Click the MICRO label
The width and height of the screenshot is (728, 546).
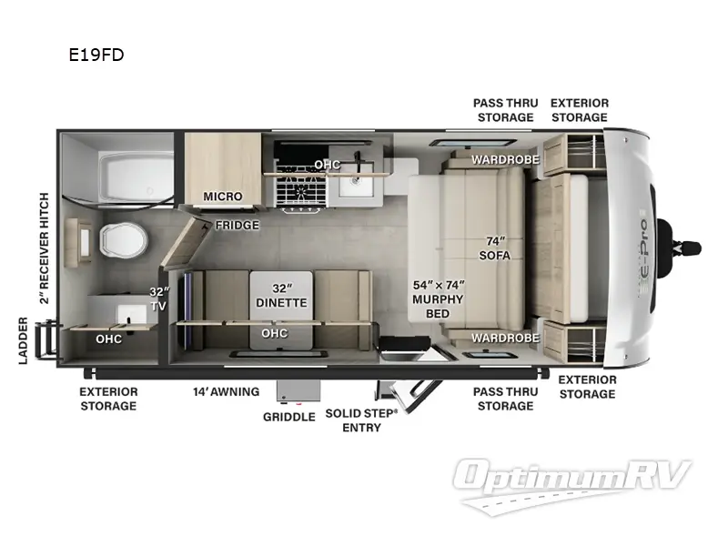(222, 196)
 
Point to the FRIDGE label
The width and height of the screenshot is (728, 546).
(238, 225)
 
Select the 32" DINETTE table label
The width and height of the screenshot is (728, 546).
(280, 296)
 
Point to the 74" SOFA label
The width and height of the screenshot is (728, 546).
(496, 248)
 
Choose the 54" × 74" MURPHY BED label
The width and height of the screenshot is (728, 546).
(439, 299)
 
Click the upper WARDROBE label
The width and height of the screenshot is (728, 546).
(505, 160)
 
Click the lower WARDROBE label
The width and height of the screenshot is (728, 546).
(505, 338)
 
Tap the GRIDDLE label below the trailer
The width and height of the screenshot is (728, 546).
(289, 417)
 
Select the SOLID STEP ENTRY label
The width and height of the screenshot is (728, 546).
(361, 420)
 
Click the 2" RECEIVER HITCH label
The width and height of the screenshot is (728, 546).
(44, 248)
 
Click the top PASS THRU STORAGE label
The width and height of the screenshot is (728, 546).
(505, 110)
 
